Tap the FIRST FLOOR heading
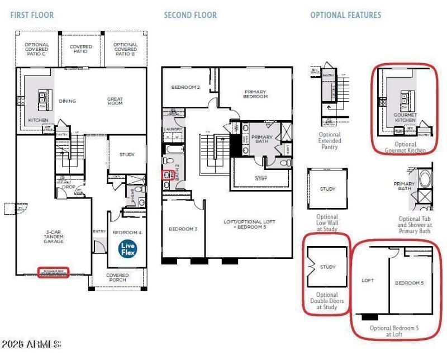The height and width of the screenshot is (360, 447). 32,15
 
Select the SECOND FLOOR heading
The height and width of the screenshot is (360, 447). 190,15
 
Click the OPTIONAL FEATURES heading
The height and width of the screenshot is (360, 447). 345,15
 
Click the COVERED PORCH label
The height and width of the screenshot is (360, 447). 117,278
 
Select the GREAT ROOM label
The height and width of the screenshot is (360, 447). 115,101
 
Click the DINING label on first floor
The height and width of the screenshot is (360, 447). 67,101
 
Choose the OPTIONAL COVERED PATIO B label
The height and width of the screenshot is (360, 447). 125,49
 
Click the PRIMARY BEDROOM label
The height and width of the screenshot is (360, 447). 255,94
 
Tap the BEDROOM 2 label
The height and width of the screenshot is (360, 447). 186,87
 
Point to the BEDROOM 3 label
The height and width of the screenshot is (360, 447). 183,229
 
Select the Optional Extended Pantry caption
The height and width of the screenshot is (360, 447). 329,140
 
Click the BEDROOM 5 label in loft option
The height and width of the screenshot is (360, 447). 410,283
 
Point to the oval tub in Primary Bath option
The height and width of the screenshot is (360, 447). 425,181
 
